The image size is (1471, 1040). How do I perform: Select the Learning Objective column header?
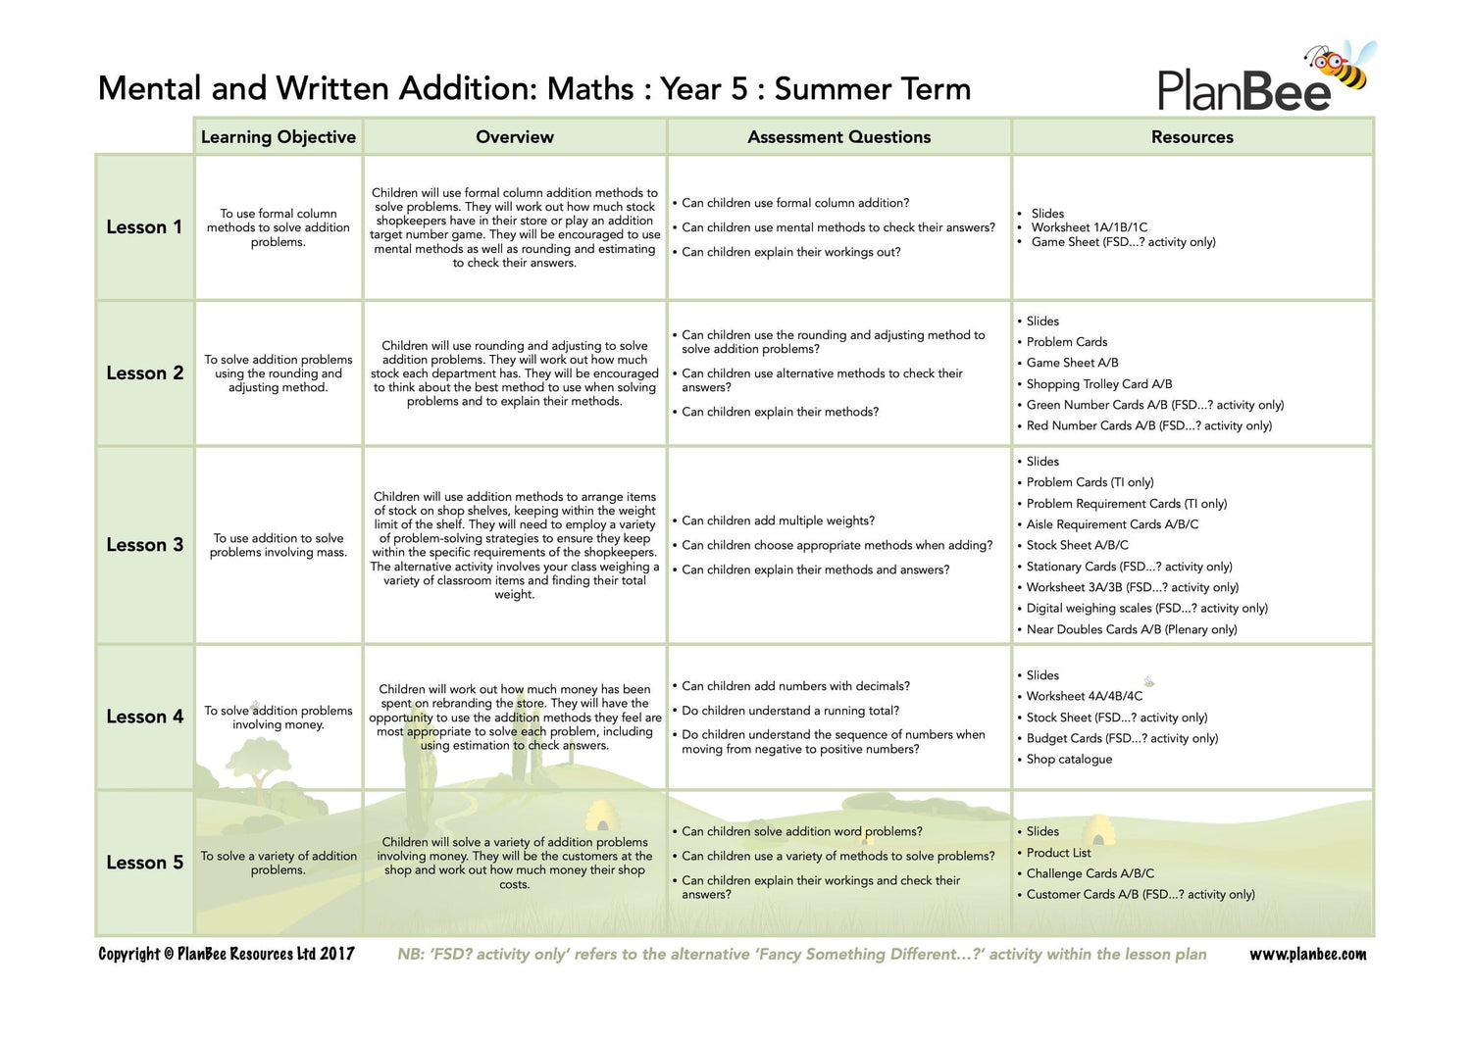click(x=279, y=137)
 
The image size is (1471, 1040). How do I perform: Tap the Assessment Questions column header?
click(x=838, y=137)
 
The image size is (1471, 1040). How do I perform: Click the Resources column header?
click(x=1192, y=137)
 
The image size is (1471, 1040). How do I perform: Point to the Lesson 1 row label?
click(x=144, y=227)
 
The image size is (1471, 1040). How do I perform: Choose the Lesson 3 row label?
click(x=144, y=545)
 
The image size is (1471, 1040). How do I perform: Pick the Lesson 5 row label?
click(x=144, y=863)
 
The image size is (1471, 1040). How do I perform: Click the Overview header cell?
click(x=515, y=137)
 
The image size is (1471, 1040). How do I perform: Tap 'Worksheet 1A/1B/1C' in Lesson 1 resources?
click(x=1089, y=227)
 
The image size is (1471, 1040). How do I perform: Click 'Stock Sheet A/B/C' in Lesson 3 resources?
click(x=1077, y=545)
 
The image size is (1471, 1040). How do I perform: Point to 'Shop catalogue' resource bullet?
click(x=1069, y=760)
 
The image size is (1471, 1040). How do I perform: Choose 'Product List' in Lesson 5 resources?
click(x=1058, y=853)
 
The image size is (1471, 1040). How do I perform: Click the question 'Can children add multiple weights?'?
click(x=778, y=520)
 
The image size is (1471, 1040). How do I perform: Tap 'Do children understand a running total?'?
click(x=789, y=711)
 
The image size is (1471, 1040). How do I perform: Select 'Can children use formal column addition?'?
click(x=795, y=203)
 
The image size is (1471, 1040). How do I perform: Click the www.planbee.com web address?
click(x=1307, y=954)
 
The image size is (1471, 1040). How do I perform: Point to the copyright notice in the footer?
click(x=227, y=954)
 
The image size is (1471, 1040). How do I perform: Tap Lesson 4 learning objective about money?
click(x=279, y=718)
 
